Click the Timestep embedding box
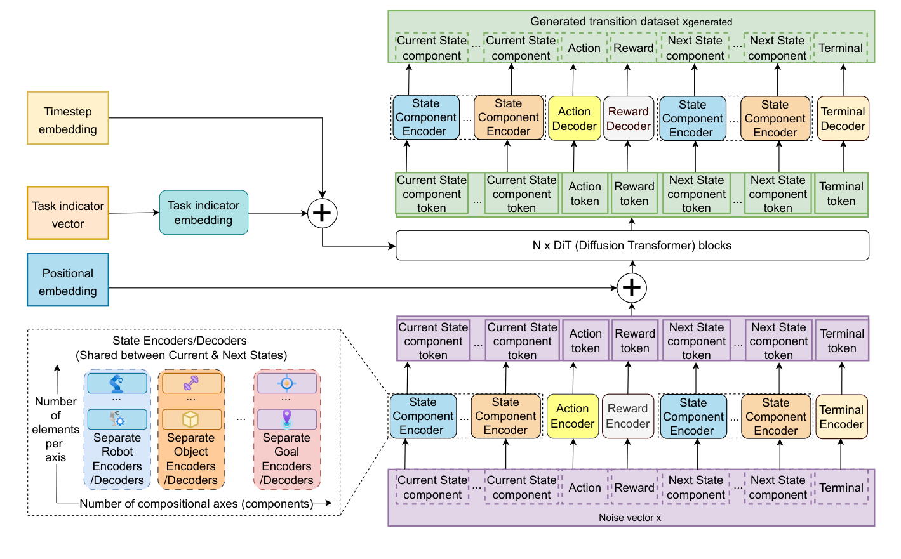(68, 119)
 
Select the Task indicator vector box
(68, 214)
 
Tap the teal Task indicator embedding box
(203, 213)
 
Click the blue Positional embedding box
(68, 281)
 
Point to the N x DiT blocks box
(632, 246)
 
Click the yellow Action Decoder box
(574, 119)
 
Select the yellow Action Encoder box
(572, 416)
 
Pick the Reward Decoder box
(628, 119)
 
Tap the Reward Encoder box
(627, 416)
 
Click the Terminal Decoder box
(843, 119)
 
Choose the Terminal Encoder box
(841, 417)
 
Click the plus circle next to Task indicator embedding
(322, 213)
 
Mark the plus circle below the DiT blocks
(632, 287)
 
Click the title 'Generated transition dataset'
(631, 22)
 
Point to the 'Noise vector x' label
(630, 518)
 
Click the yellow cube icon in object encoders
(190, 419)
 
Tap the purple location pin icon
(287, 419)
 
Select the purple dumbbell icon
(191, 383)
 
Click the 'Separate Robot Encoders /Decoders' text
(117, 459)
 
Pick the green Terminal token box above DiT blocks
(841, 194)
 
